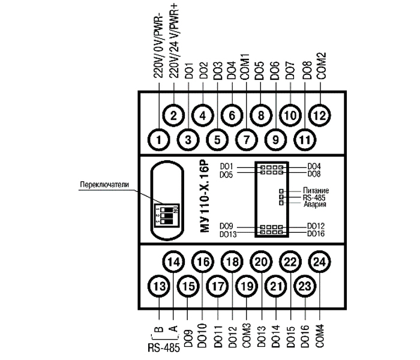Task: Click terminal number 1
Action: (159, 140)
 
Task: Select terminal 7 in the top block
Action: (246, 140)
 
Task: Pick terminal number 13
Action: (158, 287)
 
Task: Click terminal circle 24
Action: (319, 262)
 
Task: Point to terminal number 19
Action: (246, 287)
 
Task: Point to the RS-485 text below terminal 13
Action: (163, 347)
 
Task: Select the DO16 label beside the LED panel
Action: (316, 233)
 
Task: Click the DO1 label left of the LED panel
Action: (226, 166)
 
